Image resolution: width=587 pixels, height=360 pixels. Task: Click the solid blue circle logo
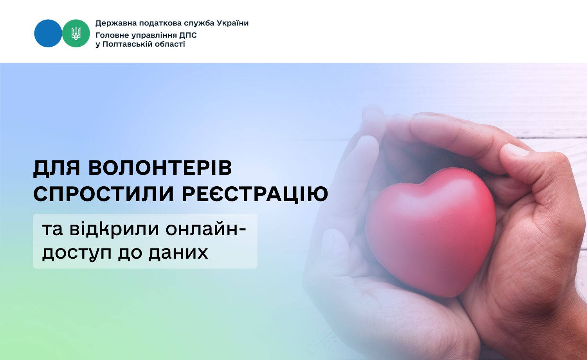point(48,33)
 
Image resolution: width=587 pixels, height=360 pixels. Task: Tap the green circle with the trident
point(76,33)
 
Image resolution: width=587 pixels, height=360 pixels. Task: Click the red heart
point(430,231)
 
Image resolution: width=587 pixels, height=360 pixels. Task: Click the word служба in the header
point(199,23)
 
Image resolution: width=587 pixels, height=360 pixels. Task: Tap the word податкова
point(153,23)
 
